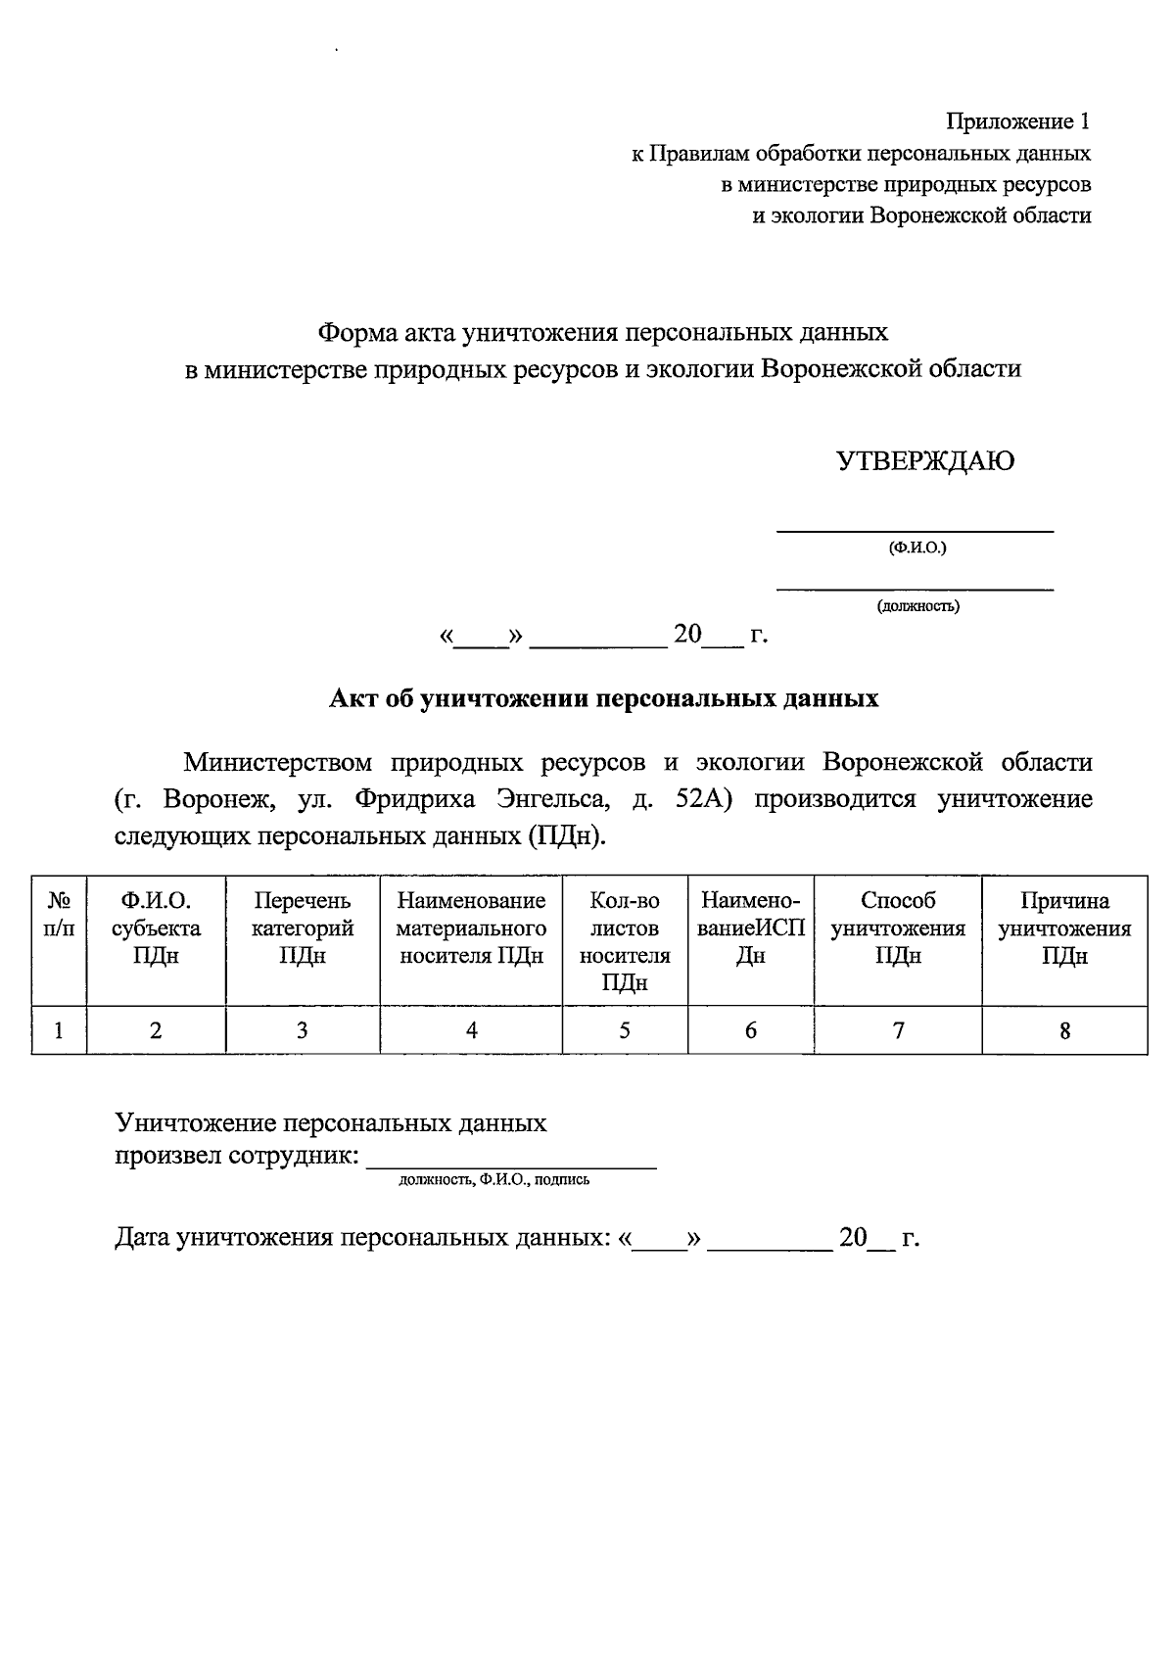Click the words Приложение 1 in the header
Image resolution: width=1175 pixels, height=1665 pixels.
click(1016, 121)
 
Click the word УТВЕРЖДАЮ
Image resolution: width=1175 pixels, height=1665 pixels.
click(924, 461)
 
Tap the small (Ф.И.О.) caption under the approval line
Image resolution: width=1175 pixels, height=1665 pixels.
click(916, 547)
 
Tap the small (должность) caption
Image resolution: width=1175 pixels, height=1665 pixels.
click(917, 606)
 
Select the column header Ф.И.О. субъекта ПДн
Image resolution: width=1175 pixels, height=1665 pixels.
click(156, 928)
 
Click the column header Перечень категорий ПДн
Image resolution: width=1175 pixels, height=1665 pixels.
click(302, 928)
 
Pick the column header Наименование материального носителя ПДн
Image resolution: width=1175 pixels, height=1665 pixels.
click(471, 928)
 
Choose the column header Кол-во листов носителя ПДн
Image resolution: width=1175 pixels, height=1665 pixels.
click(625, 940)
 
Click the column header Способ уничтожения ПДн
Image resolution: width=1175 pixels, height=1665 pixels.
click(898, 928)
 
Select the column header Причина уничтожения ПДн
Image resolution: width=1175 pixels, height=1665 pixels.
click(1064, 928)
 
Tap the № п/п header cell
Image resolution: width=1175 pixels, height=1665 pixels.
click(59, 914)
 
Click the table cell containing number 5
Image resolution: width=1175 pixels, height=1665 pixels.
click(625, 1029)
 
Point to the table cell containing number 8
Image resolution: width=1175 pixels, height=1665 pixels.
click(1064, 1029)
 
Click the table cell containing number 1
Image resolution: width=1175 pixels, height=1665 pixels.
click(59, 1029)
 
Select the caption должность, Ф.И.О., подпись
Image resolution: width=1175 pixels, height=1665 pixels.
click(493, 1180)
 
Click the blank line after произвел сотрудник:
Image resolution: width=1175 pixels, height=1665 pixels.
click(510, 1159)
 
